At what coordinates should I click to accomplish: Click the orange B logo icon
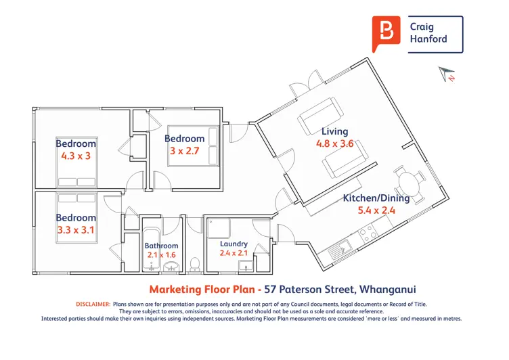pyautogui.click(x=386, y=33)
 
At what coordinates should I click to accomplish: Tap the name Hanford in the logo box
pyautogui.click(x=428, y=39)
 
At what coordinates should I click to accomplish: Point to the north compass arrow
pyautogui.click(x=446, y=74)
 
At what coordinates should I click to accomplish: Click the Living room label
pyautogui.click(x=334, y=131)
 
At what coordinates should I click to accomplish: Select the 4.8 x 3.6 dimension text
pyautogui.click(x=334, y=143)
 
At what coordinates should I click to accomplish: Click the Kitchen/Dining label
pyautogui.click(x=376, y=198)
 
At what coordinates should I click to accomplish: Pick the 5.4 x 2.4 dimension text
pyautogui.click(x=376, y=210)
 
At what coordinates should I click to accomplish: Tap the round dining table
pyautogui.click(x=409, y=183)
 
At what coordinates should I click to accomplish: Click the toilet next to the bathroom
pyautogui.click(x=195, y=264)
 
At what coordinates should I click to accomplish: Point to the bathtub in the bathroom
pyautogui.click(x=151, y=249)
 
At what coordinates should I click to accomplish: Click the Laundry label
pyautogui.click(x=234, y=244)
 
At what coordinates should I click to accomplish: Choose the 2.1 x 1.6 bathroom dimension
pyautogui.click(x=161, y=255)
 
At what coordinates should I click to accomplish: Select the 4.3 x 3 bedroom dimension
pyautogui.click(x=76, y=156)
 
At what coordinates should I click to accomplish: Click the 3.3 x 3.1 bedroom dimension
pyautogui.click(x=76, y=230)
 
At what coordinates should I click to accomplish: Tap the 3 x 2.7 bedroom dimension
pyautogui.click(x=184, y=151)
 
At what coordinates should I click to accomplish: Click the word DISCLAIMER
pyautogui.click(x=93, y=304)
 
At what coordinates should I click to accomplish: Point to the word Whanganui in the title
pyautogui.click(x=388, y=289)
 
